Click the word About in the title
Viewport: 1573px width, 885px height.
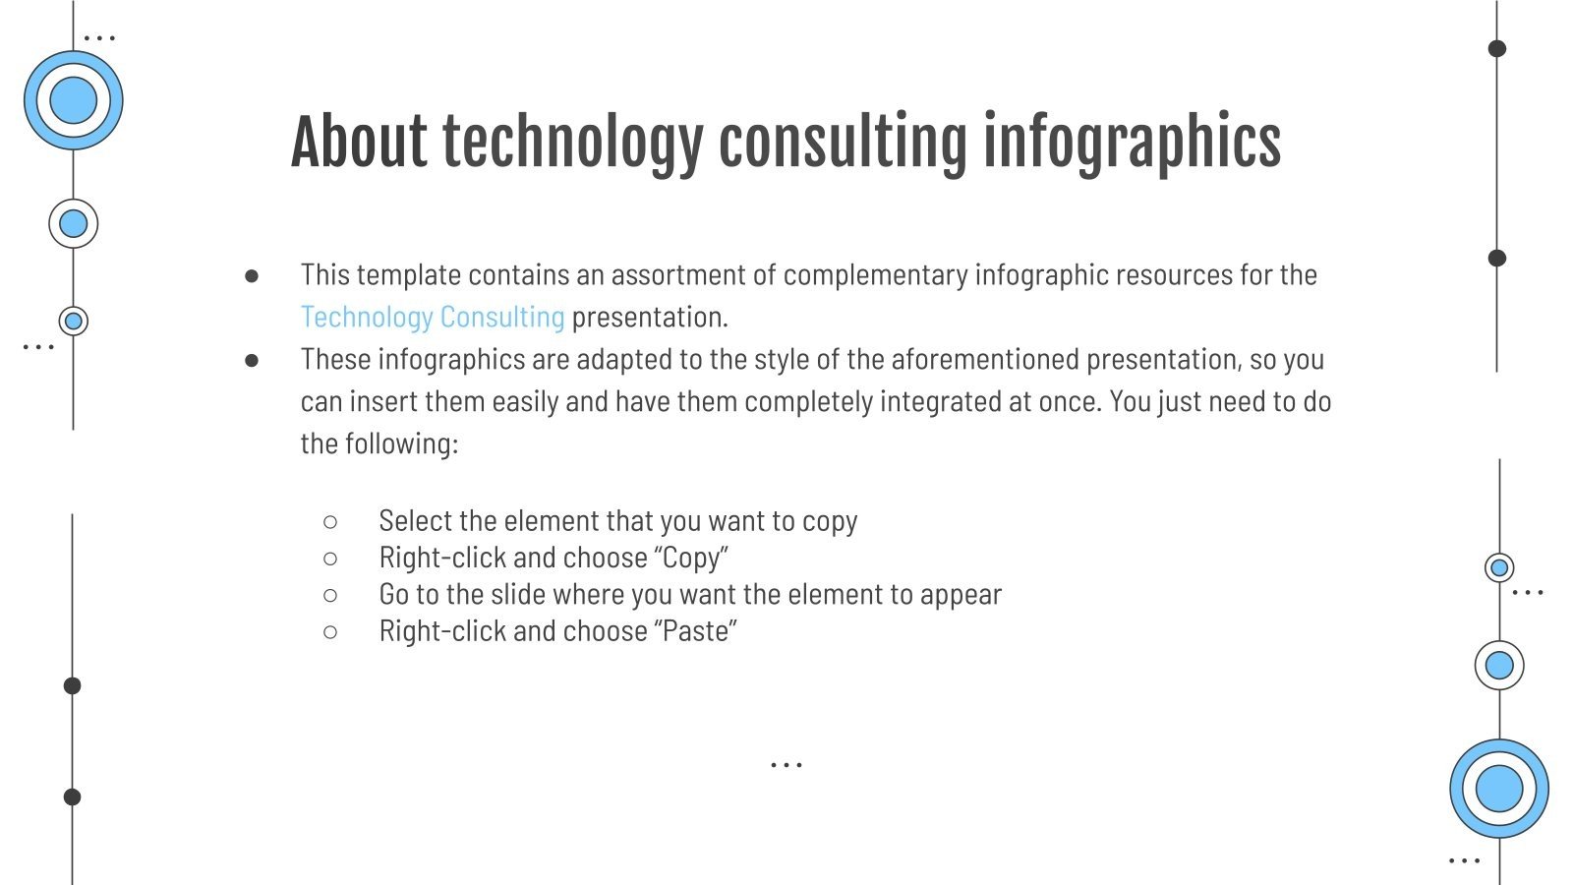click(359, 142)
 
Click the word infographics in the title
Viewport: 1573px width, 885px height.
click(1132, 142)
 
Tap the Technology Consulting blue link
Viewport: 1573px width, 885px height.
click(433, 317)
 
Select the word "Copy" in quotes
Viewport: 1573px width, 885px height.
click(691, 558)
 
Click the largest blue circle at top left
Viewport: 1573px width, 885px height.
click(74, 100)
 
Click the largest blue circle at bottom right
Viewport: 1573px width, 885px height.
click(1499, 789)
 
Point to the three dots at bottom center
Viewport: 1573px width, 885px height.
click(786, 764)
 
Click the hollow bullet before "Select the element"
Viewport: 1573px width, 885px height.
click(330, 521)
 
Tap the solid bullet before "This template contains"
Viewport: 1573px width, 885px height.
click(252, 276)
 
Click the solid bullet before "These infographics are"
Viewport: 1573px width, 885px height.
click(252, 361)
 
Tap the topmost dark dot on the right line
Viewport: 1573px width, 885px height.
click(1497, 48)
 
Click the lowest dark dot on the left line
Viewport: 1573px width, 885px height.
click(72, 796)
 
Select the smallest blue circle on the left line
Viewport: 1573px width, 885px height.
click(74, 321)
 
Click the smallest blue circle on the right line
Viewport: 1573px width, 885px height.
click(1499, 567)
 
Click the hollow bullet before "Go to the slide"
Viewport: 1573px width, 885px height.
click(330, 595)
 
